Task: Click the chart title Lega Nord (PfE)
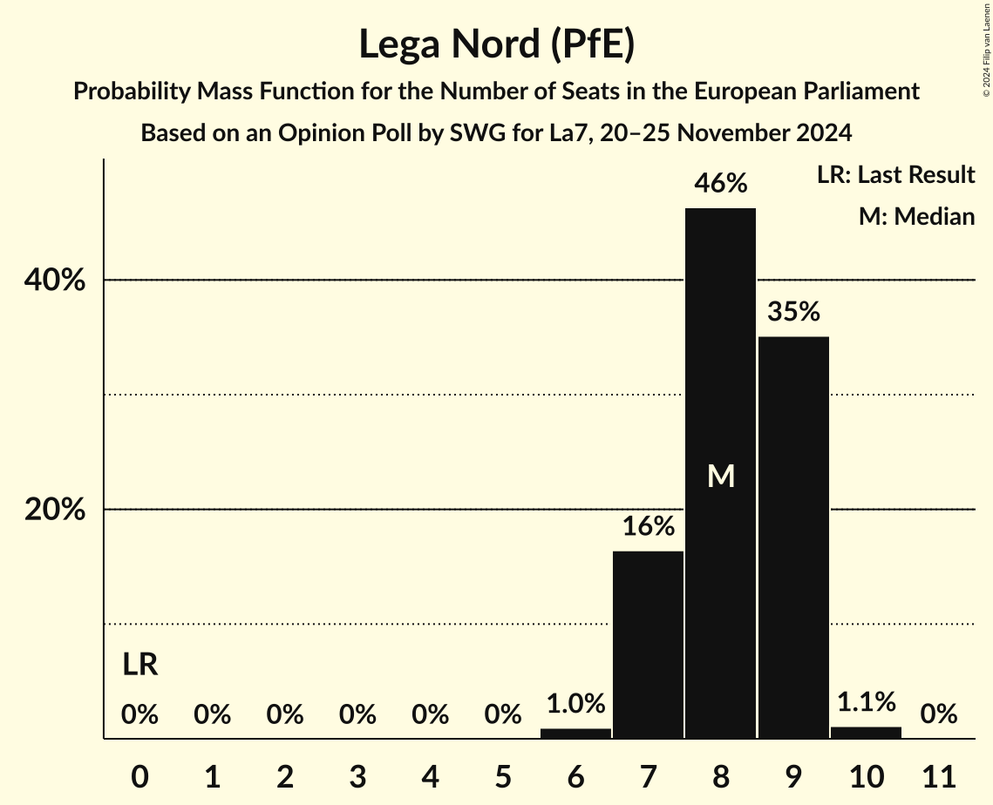[x=496, y=44]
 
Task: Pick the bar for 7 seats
[x=648, y=645]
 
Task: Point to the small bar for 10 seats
[x=866, y=733]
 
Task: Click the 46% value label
[x=720, y=184]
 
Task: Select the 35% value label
[x=793, y=311]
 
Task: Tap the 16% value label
[x=648, y=526]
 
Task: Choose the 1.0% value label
[x=575, y=703]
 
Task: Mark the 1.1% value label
[x=866, y=701]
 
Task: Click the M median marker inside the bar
[x=720, y=476]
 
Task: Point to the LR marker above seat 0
[x=139, y=665]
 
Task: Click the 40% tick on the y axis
[x=55, y=281]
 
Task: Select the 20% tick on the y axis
[x=55, y=510]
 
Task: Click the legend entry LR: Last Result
[x=895, y=175]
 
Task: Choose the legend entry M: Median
[x=916, y=216]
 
